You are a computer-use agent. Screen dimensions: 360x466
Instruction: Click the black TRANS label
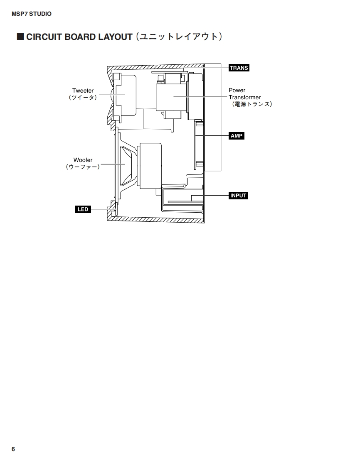tap(239, 68)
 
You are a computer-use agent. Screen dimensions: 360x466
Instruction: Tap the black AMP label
tap(237, 136)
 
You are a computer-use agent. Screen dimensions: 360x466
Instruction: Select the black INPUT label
tap(238, 196)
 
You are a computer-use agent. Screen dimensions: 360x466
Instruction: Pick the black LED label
tap(83, 209)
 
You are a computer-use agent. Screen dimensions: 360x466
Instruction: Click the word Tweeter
tap(83, 91)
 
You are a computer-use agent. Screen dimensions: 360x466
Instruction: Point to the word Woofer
tap(83, 160)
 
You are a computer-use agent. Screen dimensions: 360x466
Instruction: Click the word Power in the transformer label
tap(237, 90)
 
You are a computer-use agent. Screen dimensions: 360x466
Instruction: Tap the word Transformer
tap(244, 97)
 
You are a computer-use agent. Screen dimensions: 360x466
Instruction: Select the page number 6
tap(13, 449)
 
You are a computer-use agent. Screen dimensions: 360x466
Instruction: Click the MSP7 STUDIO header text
tap(32, 14)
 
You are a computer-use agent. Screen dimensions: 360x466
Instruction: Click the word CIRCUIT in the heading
tap(44, 37)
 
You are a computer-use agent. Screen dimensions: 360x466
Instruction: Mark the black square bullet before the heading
tap(20, 37)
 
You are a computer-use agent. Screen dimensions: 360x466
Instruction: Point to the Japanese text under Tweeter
tap(83, 98)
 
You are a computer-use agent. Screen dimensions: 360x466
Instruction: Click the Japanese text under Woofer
tap(83, 167)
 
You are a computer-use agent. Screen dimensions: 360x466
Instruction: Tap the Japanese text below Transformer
tap(252, 104)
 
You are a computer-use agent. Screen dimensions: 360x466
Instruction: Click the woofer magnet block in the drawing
tap(150, 166)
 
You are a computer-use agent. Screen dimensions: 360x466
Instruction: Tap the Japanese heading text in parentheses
tap(179, 37)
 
